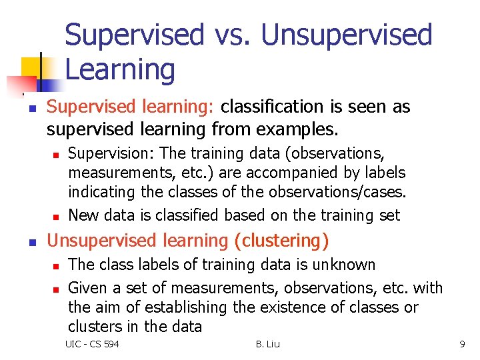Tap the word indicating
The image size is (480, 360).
click(97, 193)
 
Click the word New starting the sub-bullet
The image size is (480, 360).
click(83, 215)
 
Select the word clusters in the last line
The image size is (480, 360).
click(91, 327)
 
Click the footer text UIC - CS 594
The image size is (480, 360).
click(92, 344)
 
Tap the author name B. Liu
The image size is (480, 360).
click(268, 344)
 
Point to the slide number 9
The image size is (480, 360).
click(462, 344)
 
